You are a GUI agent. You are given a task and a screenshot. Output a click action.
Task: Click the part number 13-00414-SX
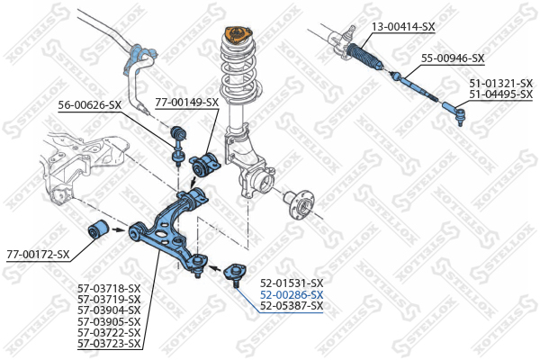[x=403, y=27]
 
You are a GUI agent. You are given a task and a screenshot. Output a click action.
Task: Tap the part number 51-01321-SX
[x=500, y=83]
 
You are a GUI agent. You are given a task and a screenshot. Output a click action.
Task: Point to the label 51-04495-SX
[x=500, y=94]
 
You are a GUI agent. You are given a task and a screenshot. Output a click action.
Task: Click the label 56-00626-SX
[x=90, y=105]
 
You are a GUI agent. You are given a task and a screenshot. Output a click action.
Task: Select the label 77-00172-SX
[x=38, y=254]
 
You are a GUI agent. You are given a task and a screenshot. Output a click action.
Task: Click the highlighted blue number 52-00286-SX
[x=291, y=294]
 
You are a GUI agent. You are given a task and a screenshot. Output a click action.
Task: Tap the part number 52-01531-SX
[x=291, y=283]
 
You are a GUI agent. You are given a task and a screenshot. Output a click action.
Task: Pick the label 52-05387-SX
[x=291, y=306]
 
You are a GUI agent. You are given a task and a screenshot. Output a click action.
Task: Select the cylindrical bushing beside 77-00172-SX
[x=100, y=229]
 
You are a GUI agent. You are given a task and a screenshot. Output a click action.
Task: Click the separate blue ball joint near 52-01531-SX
[x=235, y=271]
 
